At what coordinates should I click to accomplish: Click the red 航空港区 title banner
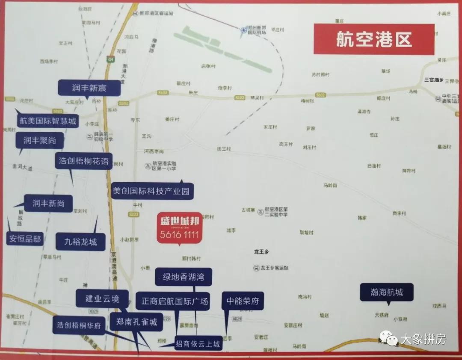pyautogui.click(x=373, y=39)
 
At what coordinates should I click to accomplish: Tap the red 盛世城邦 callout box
pyautogui.click(x=179, y=228)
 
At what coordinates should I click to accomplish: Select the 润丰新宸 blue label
pyautogui.click(x=89, y=89)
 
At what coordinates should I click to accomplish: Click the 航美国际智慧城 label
pyautogui.click(x=47, y=121)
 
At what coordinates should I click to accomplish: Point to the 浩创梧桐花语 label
pyautogui.click(x=84, y=162)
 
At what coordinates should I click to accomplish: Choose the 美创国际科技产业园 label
pyautogui.click(x=151, y=191)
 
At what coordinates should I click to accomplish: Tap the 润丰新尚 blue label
pyautogui.click(x=48, y=204)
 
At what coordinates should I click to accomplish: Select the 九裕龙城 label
pyautogui.click(x=80, y=242)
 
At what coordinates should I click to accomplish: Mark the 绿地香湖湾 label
pyautogui.click(x=183, y=277)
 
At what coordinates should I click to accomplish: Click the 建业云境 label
pyautogui.click(x=102, y=298)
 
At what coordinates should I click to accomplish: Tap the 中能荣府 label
pyautogui.click(x=243, y=301)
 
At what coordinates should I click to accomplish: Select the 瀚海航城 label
pyautogui.click(x=386, y=292)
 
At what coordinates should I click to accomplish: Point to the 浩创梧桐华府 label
pyautogui.click(x=79, y=325)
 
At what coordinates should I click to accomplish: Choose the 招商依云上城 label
pyautogui.click(x=198, y=343)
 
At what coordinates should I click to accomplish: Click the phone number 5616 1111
pyautogui.click(x=179, y=235)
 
